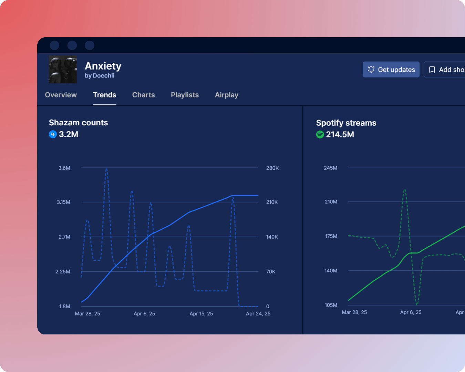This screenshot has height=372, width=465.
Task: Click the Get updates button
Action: [x=391, y=70]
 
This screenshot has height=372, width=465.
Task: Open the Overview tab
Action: [x=61, y=95]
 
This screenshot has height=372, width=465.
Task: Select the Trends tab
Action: [x=104, y=95]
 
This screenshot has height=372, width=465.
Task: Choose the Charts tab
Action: [x=143, y=95]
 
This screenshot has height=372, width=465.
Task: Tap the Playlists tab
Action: [x=185, y=95]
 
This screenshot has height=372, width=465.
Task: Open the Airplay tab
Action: [x=226, y=95]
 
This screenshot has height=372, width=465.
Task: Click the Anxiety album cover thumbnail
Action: [x=63, y=70]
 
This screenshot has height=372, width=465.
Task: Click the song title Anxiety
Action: [x=103, y=66]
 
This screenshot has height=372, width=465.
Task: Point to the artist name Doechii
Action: [x=103, y=76]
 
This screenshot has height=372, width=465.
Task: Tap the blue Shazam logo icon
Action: [x=53, y=134]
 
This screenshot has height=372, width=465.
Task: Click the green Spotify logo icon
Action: [x=320, y=135]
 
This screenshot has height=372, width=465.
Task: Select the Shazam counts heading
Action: [x=78, y=123]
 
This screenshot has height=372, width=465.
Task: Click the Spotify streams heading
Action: [x=346, y=123]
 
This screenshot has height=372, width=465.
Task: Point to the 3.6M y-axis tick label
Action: [x=64, y=168]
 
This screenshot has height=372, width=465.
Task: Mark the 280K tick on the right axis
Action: [x=272, y=168]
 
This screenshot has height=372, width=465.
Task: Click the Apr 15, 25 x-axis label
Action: [x=201, y=314]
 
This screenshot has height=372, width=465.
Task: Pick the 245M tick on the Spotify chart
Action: [x=330, y=168]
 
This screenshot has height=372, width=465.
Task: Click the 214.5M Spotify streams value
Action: [x=340, y=135]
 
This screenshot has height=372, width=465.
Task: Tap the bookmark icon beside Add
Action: [x=432, y=70]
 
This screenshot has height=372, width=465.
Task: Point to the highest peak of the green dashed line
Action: [x=405, y=189]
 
